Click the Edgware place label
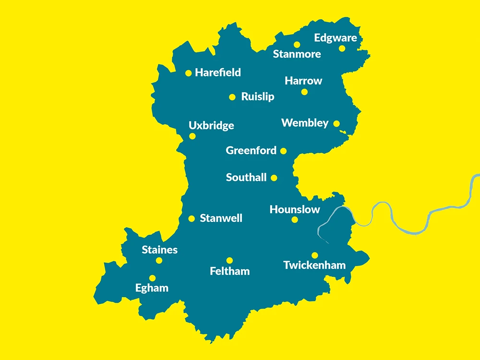(336, 38)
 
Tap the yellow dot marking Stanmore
(297, 45)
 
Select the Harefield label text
(218, 73)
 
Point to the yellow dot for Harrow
(304, 92)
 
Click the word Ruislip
(258, 97)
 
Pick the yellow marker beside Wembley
(336, 124)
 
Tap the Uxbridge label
(211, 126)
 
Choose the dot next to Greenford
(283, 151)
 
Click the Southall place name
(246, 178)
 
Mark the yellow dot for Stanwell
(192, 218)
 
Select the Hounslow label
(295, 210)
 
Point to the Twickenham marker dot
(314, 255)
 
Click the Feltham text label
(230, 272)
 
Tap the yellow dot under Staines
(159, 261)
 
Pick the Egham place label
(152, 288)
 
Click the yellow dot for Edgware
(342, 48)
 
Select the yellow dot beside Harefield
(189, 73)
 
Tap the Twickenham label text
(314, 265)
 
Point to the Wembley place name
(305, 123)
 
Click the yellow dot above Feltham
(229, 261)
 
